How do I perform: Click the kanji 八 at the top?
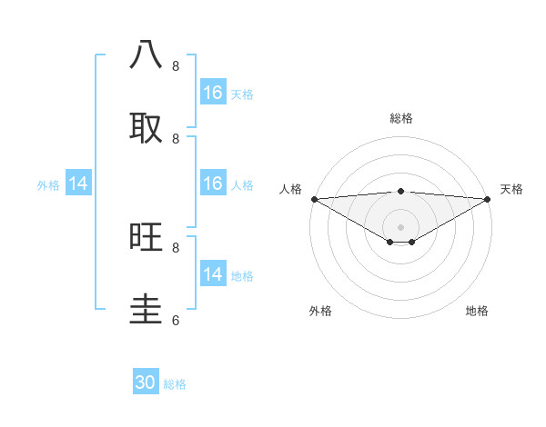tap(147, 55)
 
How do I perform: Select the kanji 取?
tap(147, 128)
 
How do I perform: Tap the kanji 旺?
tap(147, 237)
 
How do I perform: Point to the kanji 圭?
tap(147, 310)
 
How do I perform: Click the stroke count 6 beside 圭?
tap(176, 320)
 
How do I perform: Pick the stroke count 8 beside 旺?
tap(176, 247)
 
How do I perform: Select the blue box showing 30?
tap(146, 382)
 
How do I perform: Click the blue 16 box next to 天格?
tap(213, 93)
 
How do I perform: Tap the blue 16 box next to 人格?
tap(213, 184)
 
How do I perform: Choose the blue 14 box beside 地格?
tap(213, 274)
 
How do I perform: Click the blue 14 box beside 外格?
tap(78, 184)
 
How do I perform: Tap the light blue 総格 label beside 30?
tap(175, 384)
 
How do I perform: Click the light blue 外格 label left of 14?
tap(48, 185)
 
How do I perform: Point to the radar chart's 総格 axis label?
tap(401, 118)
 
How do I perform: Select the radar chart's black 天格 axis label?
tap(511, 189)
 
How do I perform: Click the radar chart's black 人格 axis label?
tap(289, 189)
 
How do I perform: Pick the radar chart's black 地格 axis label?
tap(477, 311)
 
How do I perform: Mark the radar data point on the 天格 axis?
tap(488, 199)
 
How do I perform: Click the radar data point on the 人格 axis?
tap(314, 199)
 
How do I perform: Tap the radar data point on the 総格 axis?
tap(401, 191)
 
